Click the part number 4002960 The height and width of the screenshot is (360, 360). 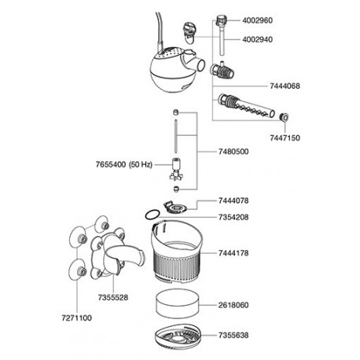(x=257, y=20)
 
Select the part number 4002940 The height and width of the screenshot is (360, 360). (x=257, y=39)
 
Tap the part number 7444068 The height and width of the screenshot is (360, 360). (x=285, y=86)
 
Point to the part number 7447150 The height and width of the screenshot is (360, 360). (x=285, y=138)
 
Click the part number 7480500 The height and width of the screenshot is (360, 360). (x=233, y=152)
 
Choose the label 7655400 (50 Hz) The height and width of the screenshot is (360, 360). (x=124, y=165)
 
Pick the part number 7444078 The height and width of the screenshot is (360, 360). (x=233, y=200)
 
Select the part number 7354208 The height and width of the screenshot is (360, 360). (x=233, y=217)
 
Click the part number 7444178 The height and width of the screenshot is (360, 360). (x=233, y=253)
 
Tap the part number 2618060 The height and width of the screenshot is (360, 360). (x=233, y=305)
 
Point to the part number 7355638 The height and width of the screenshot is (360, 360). (x=233, y=335)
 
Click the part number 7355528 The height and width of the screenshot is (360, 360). (x=113, y=298)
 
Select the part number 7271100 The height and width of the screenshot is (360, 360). (x=77, y=318)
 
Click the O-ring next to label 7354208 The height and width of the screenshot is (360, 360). (x=145, y=215)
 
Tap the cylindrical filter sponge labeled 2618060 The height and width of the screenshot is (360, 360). (x=177, y=303)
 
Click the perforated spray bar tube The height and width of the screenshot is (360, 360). (x=246, y=106)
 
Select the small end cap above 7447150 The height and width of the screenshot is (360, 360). (x=284, y=117)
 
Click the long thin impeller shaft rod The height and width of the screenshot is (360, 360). (x=176, y=136)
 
